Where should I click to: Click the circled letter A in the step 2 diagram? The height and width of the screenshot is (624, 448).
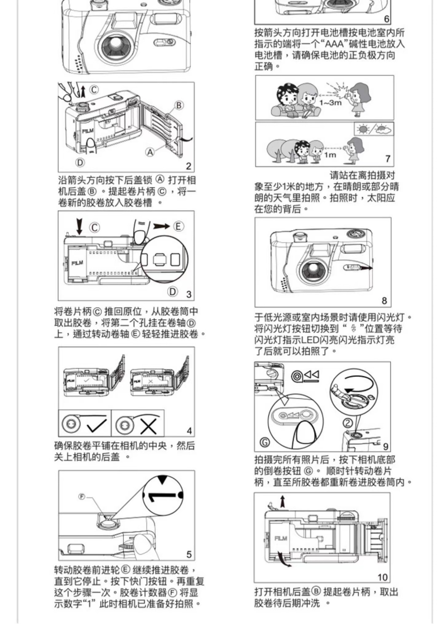point(150,152)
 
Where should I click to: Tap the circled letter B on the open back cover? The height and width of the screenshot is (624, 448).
point(179,105)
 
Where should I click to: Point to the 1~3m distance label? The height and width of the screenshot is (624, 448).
point(330,103)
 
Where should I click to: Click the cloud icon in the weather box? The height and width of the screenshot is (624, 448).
point(384,129)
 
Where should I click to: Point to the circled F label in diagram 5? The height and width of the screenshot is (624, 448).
point(82,497)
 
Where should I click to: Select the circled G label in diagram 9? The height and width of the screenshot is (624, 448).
point(265,442)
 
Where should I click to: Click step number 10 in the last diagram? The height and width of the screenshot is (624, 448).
point(382,577)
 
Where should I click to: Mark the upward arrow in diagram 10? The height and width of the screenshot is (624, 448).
point(283,501)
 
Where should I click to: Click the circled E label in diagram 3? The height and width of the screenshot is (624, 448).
point(178,227)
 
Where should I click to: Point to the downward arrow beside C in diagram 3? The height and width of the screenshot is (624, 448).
point(79,226)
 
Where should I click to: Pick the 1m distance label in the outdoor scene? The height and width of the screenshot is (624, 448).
point(330,155)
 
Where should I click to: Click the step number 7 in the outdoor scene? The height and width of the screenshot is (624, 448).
point(388,159)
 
